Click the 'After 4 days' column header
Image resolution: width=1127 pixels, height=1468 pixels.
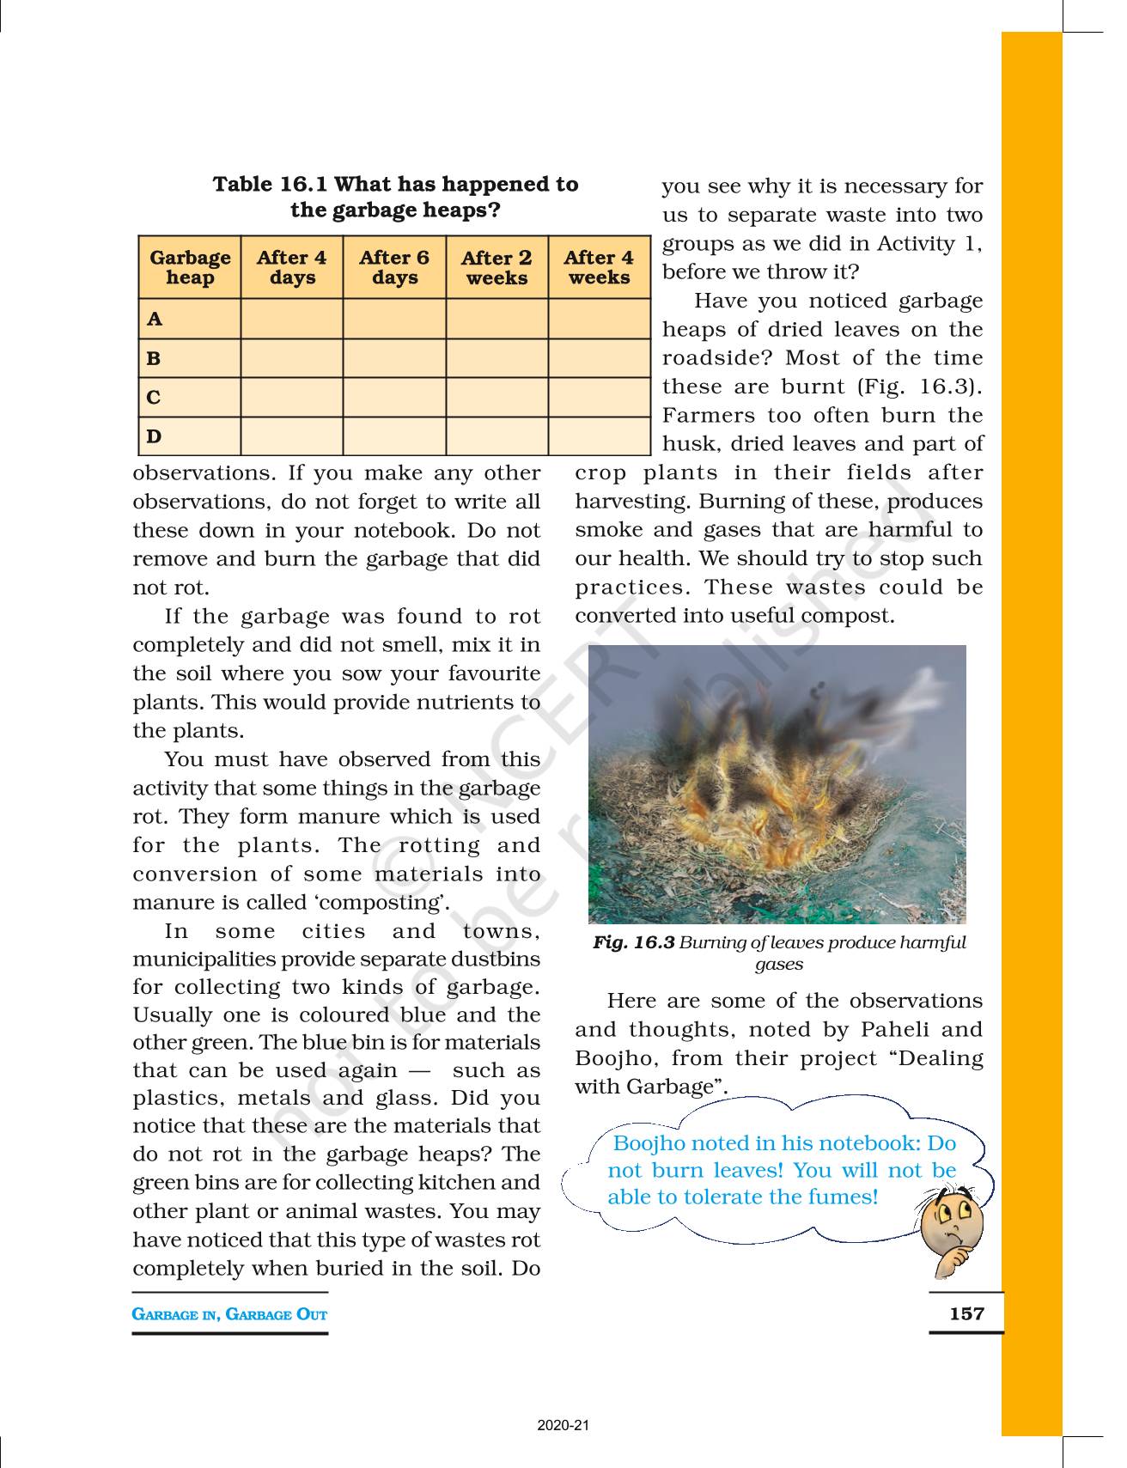click(292, 268)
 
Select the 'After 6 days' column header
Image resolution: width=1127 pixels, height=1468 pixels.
click(394, 268)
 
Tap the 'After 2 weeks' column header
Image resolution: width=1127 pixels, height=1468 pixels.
click(496, 268)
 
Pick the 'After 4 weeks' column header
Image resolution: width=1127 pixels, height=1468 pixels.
click(599, 268)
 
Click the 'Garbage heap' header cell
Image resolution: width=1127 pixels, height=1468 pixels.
click(190, 268)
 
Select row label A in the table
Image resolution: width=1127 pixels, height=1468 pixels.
click(155, 320)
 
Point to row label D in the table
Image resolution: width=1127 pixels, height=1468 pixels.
click(154, 436)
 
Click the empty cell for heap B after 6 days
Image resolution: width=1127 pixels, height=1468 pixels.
click(394, 358)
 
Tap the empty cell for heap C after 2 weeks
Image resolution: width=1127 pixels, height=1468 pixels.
click(496, 398)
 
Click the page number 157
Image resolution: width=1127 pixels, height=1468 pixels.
click(966, 1313)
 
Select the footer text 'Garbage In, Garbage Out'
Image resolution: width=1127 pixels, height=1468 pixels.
click(229, 1314)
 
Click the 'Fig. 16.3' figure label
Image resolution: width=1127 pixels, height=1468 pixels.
click(633, 942)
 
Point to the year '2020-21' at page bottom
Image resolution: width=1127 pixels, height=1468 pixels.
click(563, 1426)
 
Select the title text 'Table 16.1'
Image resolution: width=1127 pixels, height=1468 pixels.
click(271, 185)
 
